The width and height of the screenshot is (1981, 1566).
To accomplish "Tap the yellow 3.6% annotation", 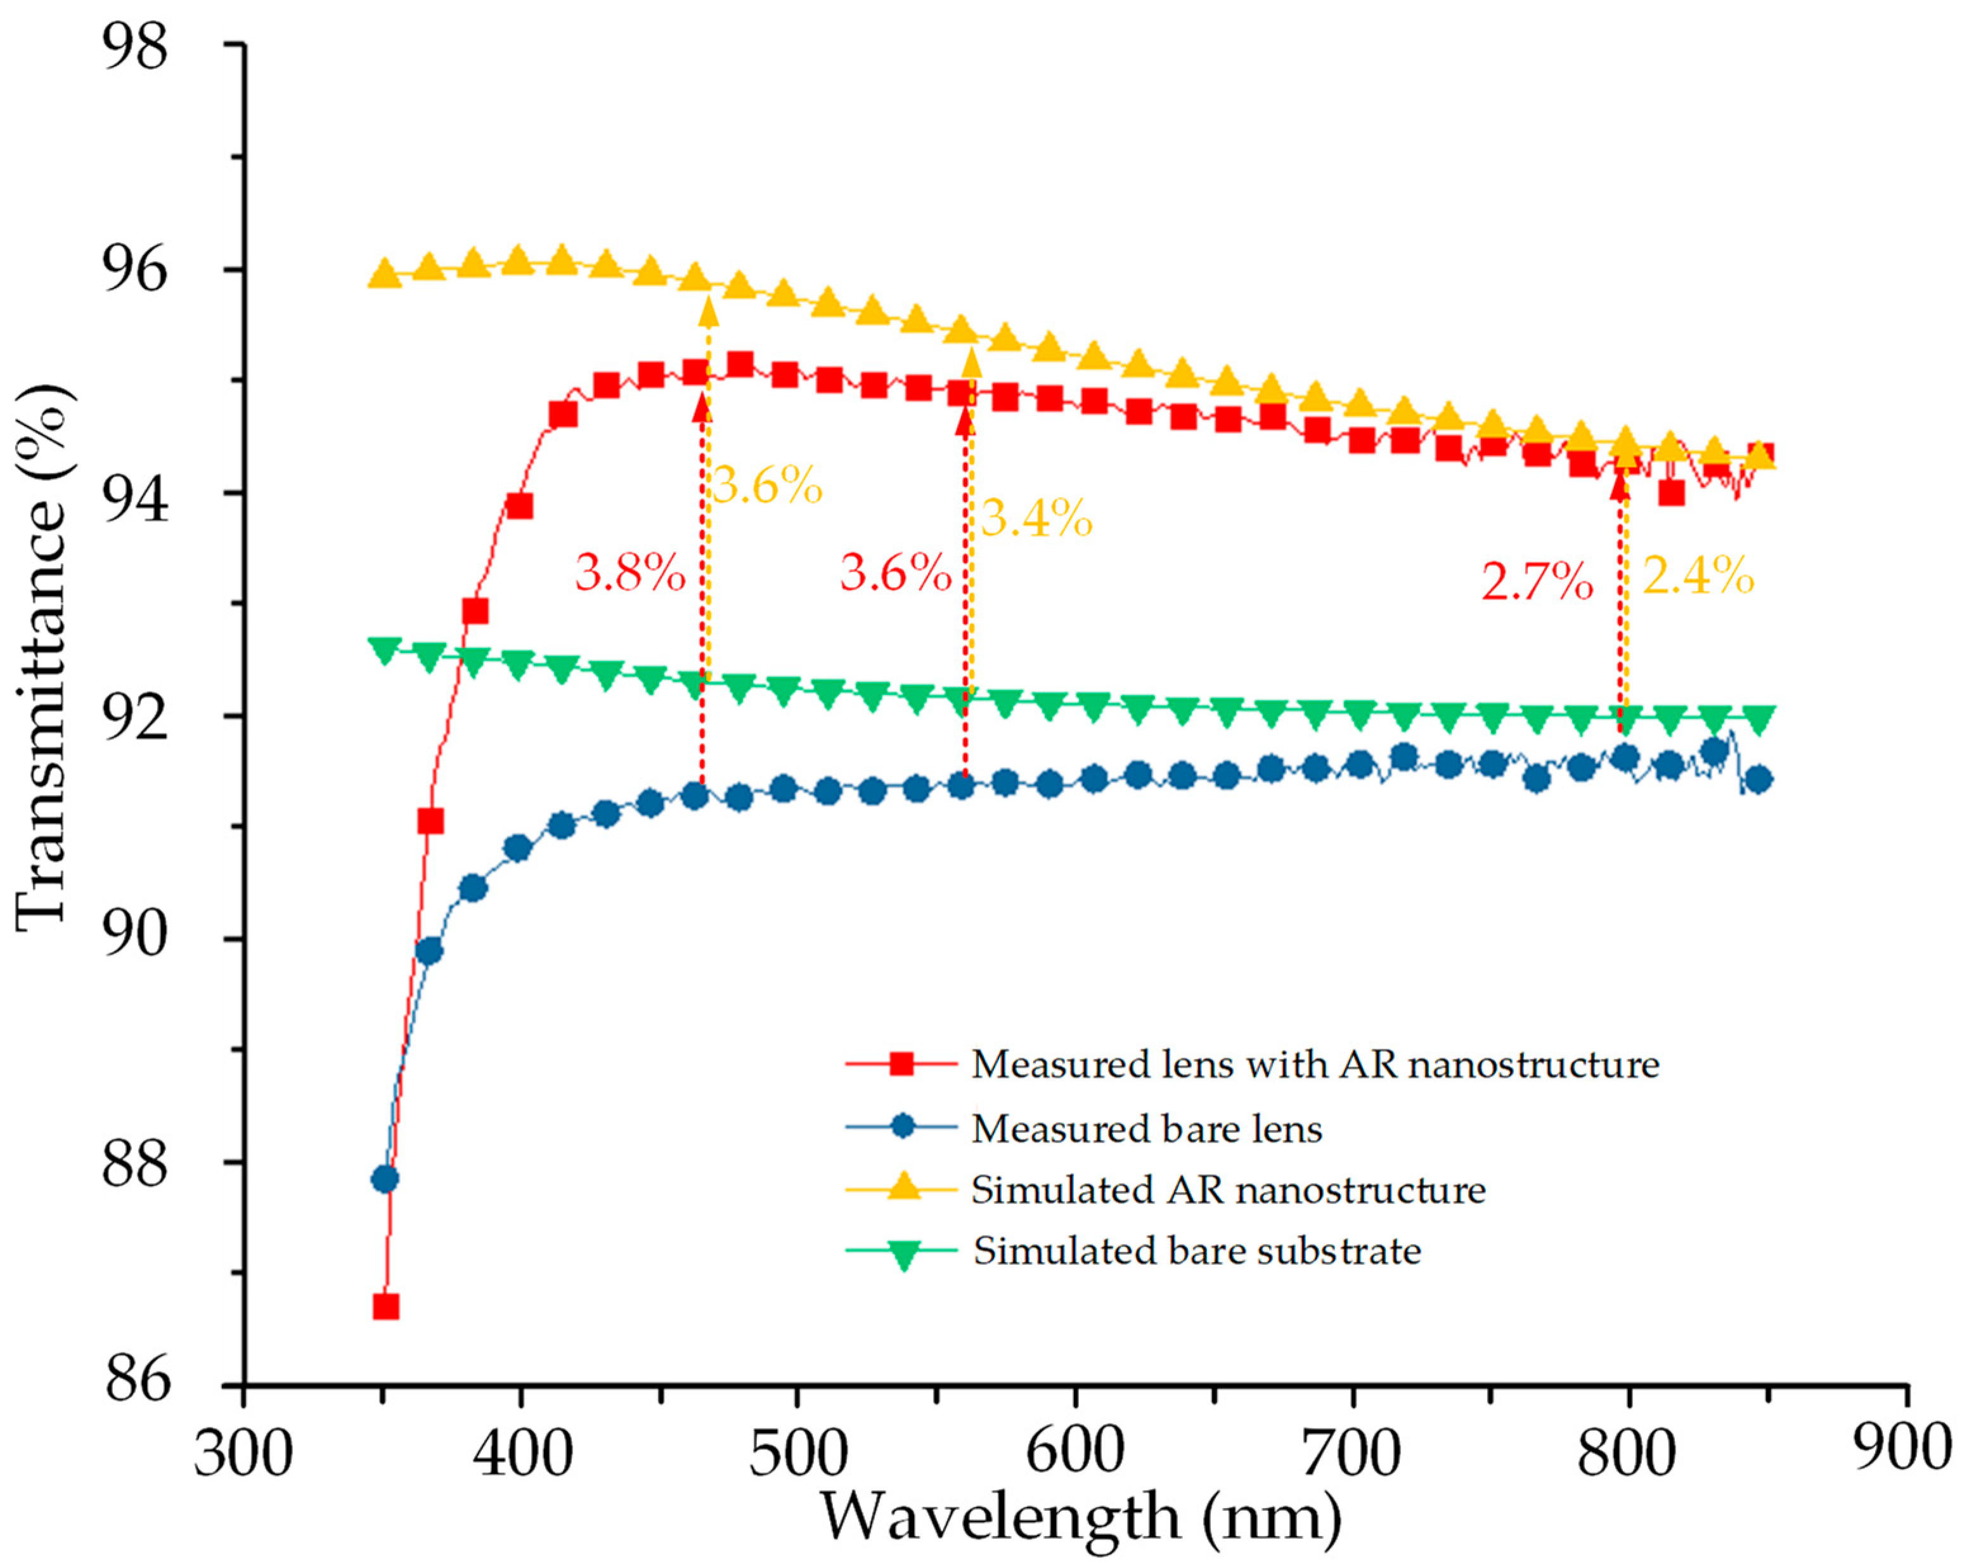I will click(766, 485).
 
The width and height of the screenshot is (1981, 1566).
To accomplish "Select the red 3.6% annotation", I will click(894, 574).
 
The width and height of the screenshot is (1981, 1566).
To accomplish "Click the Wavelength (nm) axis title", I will click(1080, 1517).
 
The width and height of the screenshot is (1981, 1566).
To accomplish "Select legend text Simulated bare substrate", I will click(1196, 1252).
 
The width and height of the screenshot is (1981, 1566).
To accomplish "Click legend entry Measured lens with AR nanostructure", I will click(1315, 1065).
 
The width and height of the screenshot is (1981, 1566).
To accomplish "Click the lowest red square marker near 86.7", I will click(385, 1307).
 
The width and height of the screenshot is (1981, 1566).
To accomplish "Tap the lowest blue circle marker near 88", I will click(385, 1179).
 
